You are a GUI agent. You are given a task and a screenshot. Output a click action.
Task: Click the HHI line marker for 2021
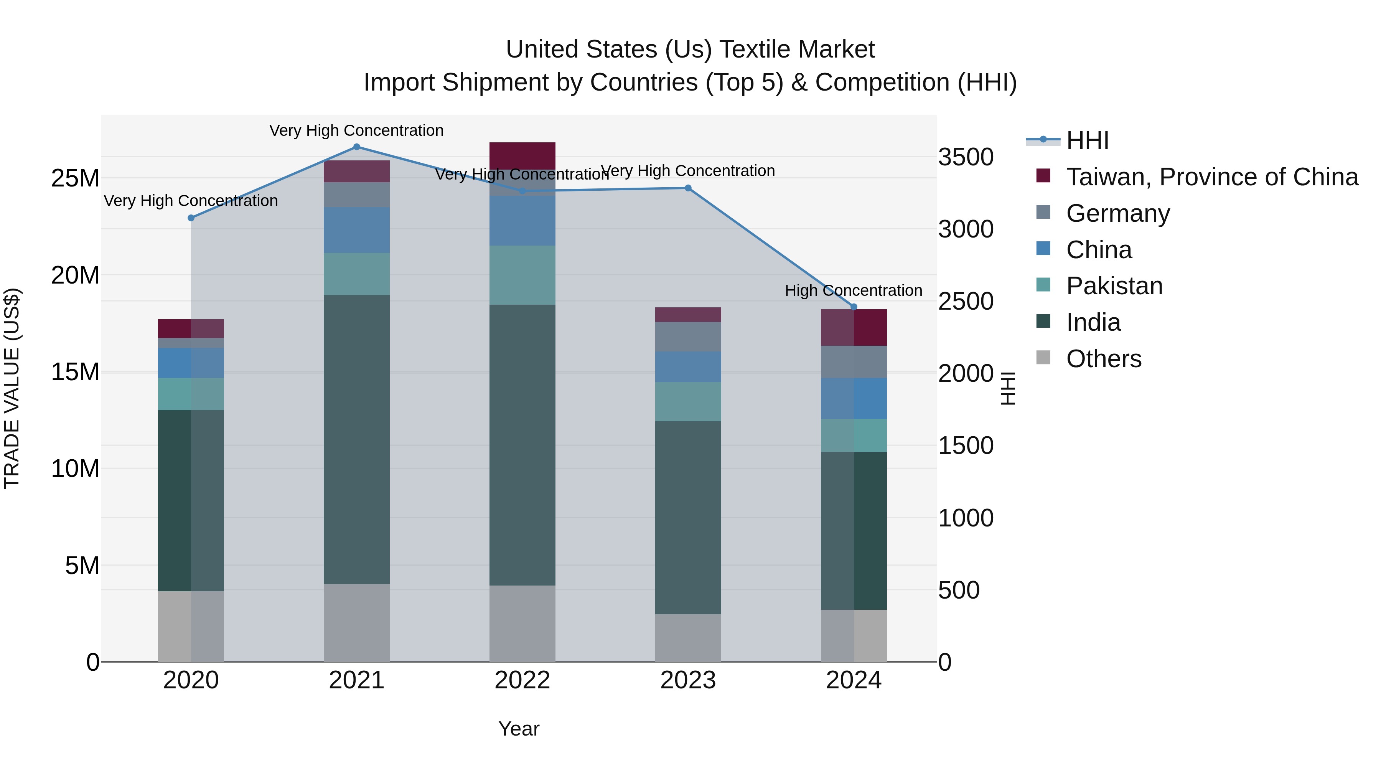[356, 147]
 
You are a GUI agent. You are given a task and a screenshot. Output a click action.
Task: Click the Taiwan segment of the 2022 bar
[522, 155]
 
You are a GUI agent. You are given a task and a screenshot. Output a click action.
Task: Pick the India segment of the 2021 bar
[356, 440]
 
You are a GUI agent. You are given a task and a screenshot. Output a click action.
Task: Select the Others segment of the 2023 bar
[688, 638]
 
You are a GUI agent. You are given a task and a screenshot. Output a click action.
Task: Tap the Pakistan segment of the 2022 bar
[522, 275]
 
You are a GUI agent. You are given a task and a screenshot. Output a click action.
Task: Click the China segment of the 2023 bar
[688, 367]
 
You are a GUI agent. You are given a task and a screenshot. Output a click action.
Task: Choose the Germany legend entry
[1118, 213]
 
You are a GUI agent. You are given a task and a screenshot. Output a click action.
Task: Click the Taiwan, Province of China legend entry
[1211, 177]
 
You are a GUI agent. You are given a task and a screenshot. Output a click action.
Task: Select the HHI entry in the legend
[1087, 140]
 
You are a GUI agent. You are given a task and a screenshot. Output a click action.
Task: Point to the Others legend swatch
[1043, 358]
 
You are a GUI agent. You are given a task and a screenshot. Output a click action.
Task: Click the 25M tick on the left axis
[75, 178]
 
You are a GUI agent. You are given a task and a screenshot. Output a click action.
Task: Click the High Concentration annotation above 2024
[854, 290]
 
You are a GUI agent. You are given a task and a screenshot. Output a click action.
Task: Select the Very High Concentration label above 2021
[356, 131]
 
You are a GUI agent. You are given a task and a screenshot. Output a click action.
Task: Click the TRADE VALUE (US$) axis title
[12, 388]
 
